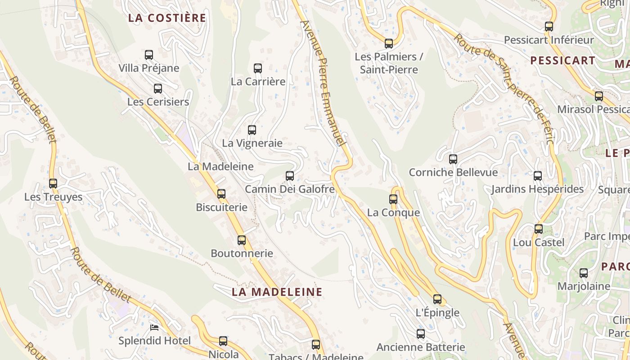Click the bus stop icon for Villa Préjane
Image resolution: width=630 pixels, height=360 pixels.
pos(149,55)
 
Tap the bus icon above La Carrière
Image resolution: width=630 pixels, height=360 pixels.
pos(258,68)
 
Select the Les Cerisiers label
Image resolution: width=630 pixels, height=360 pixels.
pos(158,102)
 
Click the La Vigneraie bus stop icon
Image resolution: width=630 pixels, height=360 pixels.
pos(252,130)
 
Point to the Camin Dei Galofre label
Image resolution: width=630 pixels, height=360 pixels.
pos(290,189)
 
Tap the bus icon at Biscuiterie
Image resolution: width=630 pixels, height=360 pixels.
pos(221,194)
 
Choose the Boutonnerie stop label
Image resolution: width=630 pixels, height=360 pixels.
pos(242,253)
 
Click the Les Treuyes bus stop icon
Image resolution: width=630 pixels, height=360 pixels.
pos(53,184)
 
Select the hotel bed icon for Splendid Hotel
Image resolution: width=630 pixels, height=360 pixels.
pos(154,327)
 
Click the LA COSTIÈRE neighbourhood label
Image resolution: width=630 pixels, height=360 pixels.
pos(167,18)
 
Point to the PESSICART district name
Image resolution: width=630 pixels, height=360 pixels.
pos(562,60)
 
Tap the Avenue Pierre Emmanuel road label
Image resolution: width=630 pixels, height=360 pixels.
pos(324,83)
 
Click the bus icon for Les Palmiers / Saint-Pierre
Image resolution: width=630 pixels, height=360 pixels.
pos(389,44)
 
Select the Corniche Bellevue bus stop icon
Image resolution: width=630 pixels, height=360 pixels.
pos(453,159)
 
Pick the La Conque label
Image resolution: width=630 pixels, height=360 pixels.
pos(393,212)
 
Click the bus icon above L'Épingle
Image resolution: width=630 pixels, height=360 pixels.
pos(437,299)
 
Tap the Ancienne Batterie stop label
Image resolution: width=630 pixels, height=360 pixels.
pos(420,347)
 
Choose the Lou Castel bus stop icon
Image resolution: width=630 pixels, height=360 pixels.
pos(539,229)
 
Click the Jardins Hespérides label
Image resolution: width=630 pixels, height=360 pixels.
pos(537,189)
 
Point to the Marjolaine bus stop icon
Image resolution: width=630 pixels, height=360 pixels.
pos(584,273)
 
